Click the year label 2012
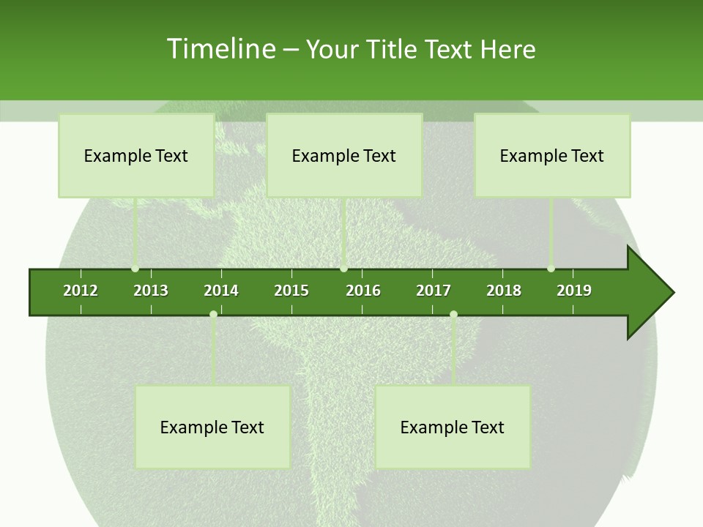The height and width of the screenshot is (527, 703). (x=81, y=291)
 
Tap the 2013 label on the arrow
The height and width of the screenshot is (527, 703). (x=151, y=291)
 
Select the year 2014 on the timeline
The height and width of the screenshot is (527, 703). (x=221, y=291)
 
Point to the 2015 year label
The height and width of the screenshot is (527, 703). (x=291, y=291)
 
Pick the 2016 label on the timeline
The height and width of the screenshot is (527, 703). (x=363, y=291)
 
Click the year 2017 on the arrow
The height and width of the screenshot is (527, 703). (x=434, y=291)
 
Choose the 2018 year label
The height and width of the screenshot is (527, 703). (x=504, y=291)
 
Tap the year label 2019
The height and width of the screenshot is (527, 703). (x=574, y=291)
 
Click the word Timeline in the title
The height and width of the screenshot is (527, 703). (x=221, y=49)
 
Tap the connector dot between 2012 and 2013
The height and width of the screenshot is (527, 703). (x=135, y=269)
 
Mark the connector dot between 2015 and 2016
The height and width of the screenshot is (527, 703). (x=343, y=269)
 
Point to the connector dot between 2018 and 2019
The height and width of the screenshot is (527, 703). (x=551, y=269)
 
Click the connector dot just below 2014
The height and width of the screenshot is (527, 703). (x=213, y=314)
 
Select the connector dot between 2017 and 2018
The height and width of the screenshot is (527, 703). (x=453, y=314)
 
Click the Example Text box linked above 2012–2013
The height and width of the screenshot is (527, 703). (x=136, y=155)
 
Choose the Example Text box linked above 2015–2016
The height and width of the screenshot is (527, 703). (x=344, y=155)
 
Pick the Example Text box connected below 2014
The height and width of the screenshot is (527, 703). (x=212, y=427)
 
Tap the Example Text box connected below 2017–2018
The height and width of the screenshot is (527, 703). (x=453, y=427)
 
